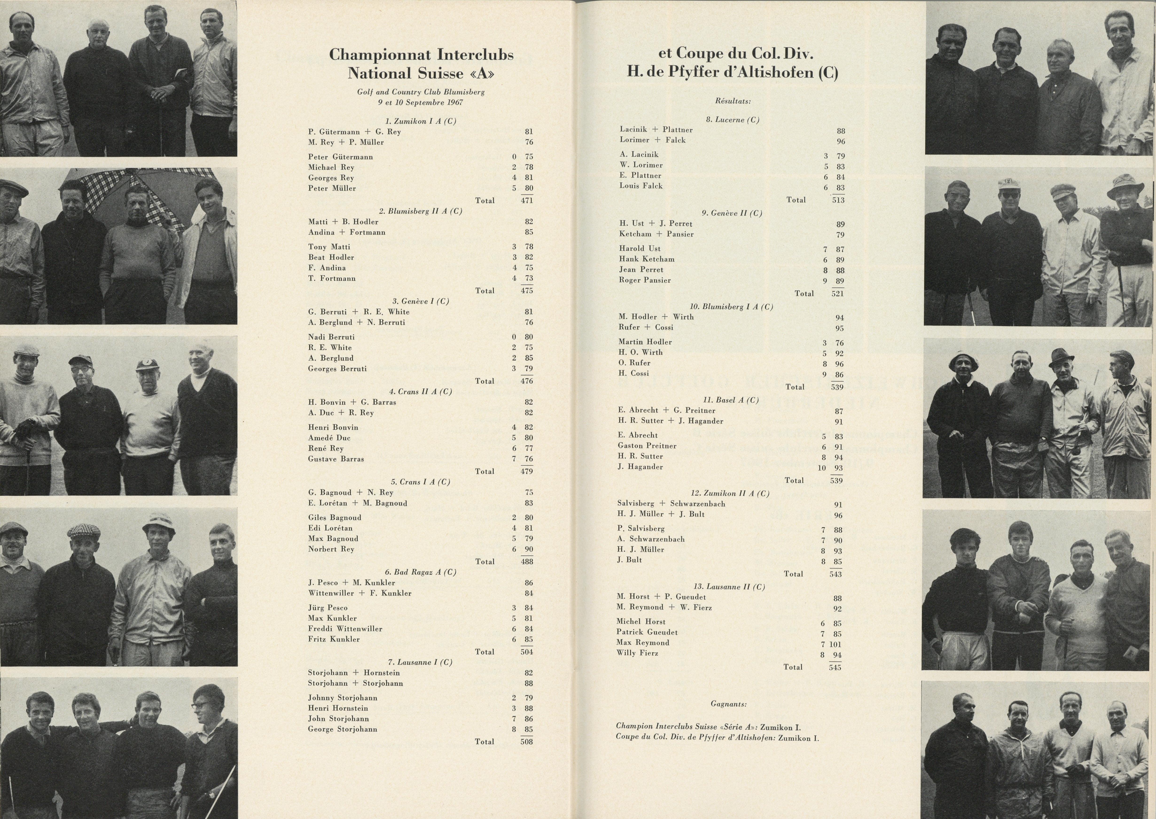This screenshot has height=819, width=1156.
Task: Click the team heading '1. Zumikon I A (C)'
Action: click(420, 121)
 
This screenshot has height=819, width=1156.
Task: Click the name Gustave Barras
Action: click(336, 459)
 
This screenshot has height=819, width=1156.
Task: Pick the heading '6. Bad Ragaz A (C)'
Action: click(420, 572)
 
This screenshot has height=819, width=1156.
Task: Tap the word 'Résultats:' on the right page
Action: click(733, 101)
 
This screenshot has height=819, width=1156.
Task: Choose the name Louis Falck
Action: click(641, 186)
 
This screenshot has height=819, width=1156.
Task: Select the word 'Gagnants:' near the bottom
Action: click(728, 704)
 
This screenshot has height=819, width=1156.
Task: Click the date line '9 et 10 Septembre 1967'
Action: click(420, 102)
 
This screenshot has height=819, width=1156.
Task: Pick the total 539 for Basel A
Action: click(836, 480)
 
